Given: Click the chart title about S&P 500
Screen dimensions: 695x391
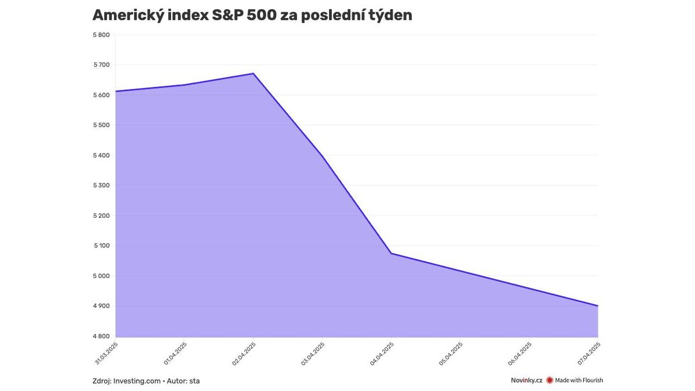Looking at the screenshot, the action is [x=253, y=15].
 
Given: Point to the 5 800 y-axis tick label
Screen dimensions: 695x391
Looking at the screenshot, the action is [x=101, y=35].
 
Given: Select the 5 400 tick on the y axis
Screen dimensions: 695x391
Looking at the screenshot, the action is [x=101, y=155].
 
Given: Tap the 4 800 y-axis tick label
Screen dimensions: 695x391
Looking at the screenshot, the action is [x=101, y=336].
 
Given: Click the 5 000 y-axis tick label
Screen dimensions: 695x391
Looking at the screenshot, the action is [x=101, y=276].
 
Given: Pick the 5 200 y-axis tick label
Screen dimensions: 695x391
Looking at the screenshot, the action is [x=101, y=215].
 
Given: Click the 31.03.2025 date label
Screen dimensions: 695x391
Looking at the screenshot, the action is [x=107, y=353].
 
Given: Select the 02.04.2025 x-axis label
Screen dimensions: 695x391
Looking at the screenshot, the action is [x=244, y=354].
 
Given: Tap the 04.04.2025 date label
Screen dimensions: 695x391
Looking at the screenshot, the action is [x=382, y=354].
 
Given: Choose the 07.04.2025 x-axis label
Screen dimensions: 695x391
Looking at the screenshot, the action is [x=588, y=354].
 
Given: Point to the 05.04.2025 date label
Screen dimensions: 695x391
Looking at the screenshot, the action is [x=451, y=354].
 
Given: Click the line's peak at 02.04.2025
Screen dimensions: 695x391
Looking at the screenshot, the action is [x=254, y=74].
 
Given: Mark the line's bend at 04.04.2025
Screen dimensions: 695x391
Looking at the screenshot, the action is [x=392, y=254].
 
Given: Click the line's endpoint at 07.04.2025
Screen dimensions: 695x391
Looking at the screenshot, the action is [x=598, y=306].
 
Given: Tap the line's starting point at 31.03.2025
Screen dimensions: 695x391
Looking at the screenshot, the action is [x=116, y=92].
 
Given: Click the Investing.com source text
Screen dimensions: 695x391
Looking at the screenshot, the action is [x=137, y=381].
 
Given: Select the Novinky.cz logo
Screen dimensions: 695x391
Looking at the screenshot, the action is [x=526, y=380].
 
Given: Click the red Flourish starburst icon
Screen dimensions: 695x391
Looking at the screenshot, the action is [x=550, y=380].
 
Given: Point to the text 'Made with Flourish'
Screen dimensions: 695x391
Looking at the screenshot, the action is [x=579, y=380].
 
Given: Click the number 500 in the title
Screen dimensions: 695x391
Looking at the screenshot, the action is [x=261, y=15].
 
